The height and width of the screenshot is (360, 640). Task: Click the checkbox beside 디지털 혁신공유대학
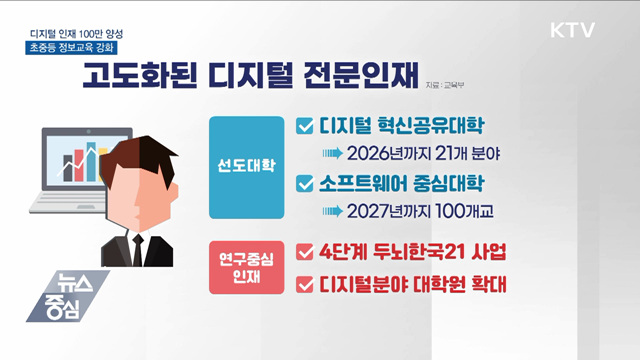[306, 127]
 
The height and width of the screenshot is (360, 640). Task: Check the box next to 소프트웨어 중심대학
[306, 185]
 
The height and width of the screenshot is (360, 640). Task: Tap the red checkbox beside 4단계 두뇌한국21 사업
[306, 250]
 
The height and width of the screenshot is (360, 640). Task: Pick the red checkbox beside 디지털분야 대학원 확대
[306, 284]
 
